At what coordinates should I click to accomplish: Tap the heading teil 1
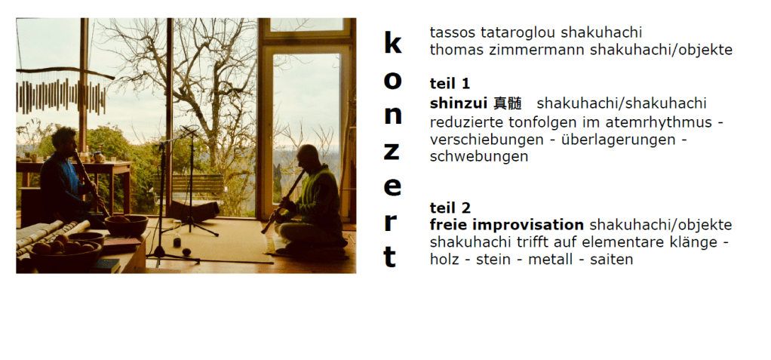[450, 84]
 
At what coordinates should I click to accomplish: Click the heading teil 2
[450, 208]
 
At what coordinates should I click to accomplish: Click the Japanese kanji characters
[508, 103]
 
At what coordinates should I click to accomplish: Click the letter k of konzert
[392, 43]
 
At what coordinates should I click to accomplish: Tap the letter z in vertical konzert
[392, 152]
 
